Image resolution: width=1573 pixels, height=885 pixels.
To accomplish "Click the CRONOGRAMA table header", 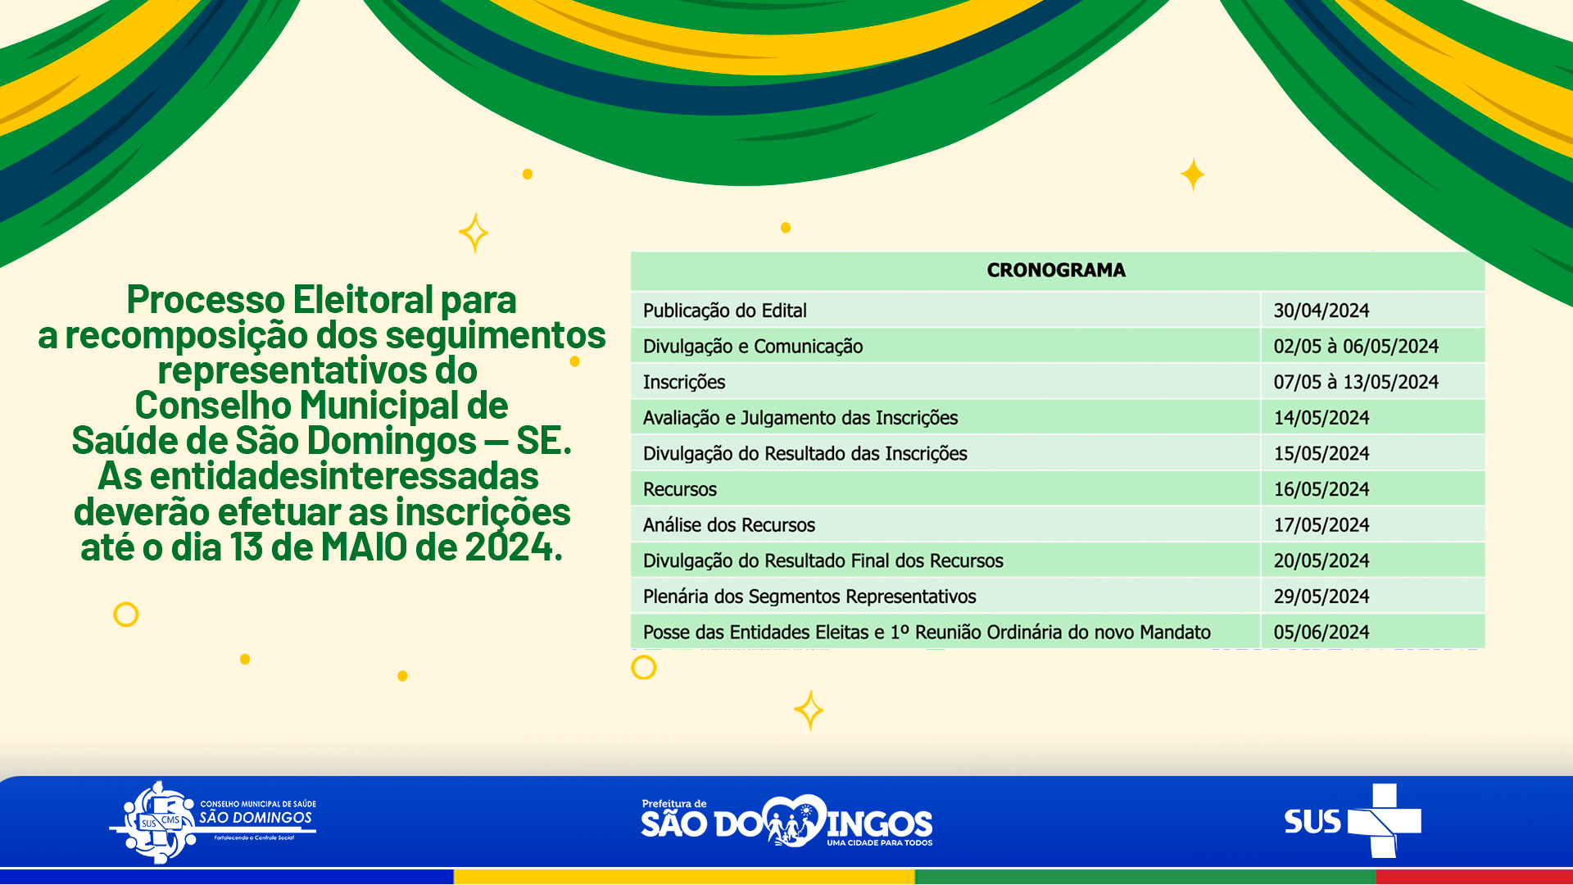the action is (x=1056, y=270).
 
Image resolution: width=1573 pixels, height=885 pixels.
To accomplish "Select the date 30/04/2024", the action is (x=1321, y=311).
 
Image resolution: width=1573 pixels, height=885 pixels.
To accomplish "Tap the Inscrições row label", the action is (x=684, y=383).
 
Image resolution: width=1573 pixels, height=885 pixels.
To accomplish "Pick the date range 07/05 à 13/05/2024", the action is (x=1356, y=382).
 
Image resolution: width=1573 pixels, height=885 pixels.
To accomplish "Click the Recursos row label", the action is (x=680, y=489).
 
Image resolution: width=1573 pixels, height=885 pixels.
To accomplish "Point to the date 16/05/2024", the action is (x=1321, y=489).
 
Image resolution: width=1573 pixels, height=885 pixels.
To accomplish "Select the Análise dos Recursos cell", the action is (x=729, y=525).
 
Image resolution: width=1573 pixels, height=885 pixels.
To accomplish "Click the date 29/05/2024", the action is (x=1321, y=597).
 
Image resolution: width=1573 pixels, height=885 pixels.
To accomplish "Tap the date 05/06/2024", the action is (x=1321, y=633).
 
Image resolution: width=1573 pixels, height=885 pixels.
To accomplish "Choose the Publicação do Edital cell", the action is (x=725, y=311).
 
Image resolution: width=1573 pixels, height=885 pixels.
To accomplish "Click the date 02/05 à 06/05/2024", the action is (x=1356, y=347).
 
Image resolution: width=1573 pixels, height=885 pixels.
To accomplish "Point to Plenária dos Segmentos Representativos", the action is (x=809, y=597).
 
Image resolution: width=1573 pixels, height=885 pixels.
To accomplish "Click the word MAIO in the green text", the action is (x=364, y=547).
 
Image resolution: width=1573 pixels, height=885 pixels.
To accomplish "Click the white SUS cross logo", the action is (x=1384, y=821).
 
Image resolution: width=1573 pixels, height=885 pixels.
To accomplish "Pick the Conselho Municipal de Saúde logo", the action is (x=213, y=822).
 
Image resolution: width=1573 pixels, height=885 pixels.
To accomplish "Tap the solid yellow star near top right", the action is (x=1193, y=175).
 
